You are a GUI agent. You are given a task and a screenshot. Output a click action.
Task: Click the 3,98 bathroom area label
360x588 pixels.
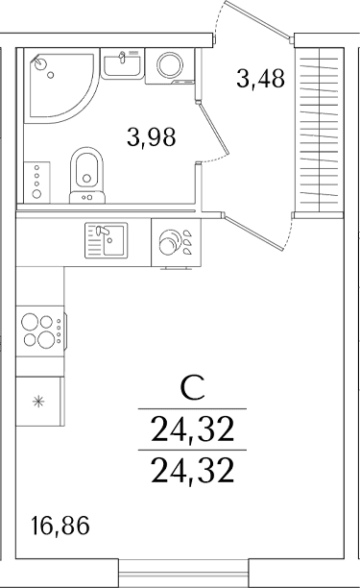point(152,136)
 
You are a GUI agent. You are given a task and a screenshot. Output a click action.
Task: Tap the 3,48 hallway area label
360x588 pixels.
point(261,79)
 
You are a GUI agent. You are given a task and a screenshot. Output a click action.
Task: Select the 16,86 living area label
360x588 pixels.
point(60,526)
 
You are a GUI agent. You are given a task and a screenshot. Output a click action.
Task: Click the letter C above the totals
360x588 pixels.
point(193,388)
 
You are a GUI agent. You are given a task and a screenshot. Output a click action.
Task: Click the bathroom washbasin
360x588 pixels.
point(123,63)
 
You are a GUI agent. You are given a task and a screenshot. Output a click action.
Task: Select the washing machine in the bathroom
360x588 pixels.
point(170,66)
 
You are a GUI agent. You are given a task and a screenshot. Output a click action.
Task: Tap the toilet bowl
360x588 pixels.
point(87,175)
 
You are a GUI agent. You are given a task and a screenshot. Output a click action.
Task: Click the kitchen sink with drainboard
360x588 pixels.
point(106,240)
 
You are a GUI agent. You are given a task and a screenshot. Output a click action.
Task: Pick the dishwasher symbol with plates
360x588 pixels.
point(176,243)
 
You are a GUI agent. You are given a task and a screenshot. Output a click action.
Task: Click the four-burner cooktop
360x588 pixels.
point(41,331)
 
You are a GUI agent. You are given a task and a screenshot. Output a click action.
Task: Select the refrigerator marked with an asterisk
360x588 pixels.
point(39,402)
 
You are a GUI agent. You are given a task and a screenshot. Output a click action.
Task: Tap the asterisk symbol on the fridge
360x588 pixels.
point(37,402)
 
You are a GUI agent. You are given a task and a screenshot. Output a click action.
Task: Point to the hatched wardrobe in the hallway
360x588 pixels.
point(319,130)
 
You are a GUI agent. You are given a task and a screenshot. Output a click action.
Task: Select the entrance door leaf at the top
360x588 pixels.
point(258,19)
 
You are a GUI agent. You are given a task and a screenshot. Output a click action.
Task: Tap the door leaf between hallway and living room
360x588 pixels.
point(253,233)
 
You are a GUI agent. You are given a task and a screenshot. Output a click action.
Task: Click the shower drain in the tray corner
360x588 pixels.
point(39,63)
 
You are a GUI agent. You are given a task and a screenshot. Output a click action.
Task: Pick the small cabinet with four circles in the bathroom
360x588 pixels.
point(36,183)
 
